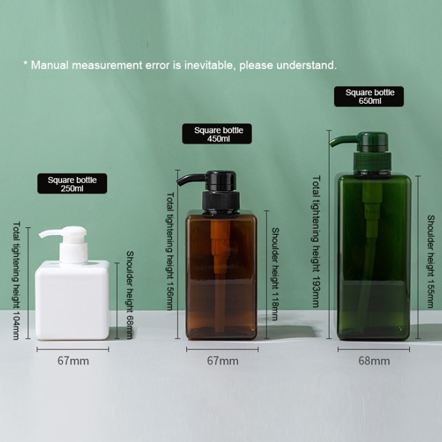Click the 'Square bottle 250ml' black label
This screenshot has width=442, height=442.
pos(72,184)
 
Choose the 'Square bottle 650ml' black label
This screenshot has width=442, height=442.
pos(370,97)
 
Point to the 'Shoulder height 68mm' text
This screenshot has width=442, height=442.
pos(130,295)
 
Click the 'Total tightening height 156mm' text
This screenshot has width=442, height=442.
pos(170,251)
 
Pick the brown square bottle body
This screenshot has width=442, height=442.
pos(221,276)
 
